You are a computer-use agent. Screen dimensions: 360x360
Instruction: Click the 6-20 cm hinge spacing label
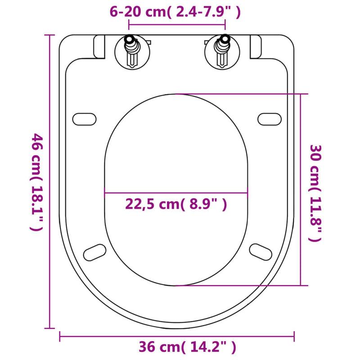pyautogui.click(x=175, y=12)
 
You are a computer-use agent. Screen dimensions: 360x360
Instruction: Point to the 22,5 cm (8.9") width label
pyautogui.click(x=175, y=205)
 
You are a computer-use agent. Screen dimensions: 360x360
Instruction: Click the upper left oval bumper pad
pyautogui.click(x=84, y=118)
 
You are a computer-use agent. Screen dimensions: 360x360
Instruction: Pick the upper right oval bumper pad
pyautogui.click(x=270, y=118)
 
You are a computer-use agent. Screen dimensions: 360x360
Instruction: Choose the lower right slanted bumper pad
pyautogui.click(x=261, y=251)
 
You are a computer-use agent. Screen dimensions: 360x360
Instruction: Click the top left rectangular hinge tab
pyautogui.click(x=99, y=46)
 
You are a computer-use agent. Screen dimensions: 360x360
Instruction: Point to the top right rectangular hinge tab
pyautogui.click(x=255, y=46)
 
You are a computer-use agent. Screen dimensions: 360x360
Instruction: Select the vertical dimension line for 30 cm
pyautogui.click(x=301, y=189)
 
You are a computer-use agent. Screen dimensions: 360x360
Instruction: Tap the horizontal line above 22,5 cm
pyautogui.click(x=176, y=193)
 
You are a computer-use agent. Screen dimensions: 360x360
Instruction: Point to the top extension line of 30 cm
pyautogui.click(x=238, y=94)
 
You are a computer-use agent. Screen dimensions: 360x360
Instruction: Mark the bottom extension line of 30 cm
pyautogui.click(x=238, y=285)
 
